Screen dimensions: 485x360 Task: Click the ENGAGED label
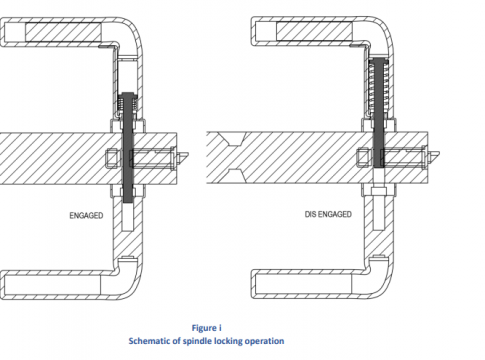pyautogui.click(x=86, y=216)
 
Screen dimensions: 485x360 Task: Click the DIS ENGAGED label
pyautogui.click(x=328, y=214)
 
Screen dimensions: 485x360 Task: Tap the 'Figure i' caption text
pyautogui.click(x=206, y=328)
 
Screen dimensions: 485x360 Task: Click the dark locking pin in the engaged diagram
pyautogui.click(x=128, y=147)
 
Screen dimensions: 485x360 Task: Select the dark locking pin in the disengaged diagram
pyautogui.click(x=379, y=112)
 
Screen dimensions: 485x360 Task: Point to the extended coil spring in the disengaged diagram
pyautogui.click(x=379, y=87)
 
